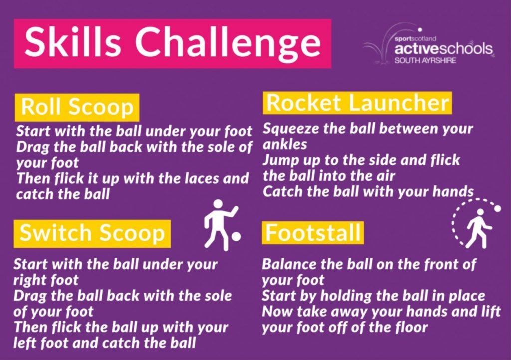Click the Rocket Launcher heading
pos(357,103)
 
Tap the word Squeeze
pos(290,129)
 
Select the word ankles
pos(284,145)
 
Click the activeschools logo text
pos(443,49)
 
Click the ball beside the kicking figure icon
pos(236,236)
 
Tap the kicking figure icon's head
pos(218,204)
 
